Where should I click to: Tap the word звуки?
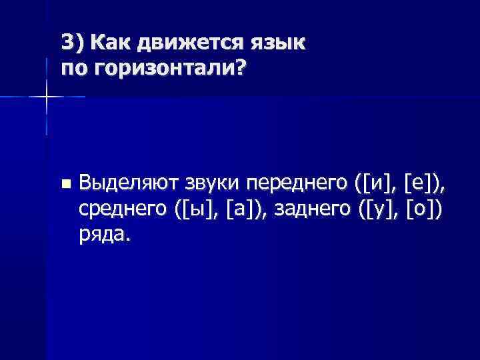point(220,181)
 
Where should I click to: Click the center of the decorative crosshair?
point(46,97)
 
